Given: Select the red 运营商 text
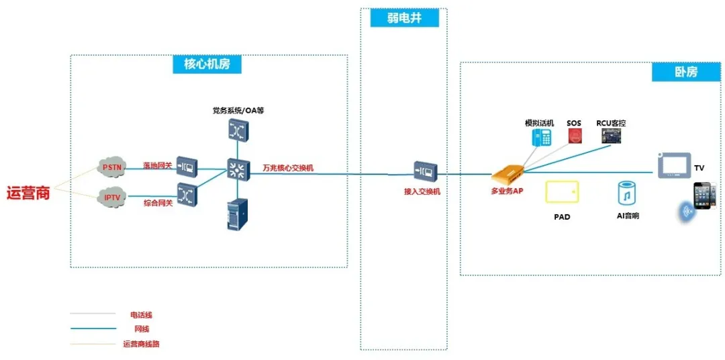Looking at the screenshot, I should [28, 193].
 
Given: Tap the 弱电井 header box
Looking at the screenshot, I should [404, 18].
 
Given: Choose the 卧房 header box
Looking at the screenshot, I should [685, 72].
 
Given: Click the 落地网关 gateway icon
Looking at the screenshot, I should [186, 168].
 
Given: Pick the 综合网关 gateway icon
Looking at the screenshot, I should [186, 193].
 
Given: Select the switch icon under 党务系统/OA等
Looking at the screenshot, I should [238, 130].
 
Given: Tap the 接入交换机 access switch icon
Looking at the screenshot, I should [426, 171].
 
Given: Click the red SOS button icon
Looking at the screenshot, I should [575, 136].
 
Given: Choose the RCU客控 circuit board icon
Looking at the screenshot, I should [610, 136].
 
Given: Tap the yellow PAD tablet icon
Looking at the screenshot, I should [562, 191].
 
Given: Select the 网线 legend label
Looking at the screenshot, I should [142, 329].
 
